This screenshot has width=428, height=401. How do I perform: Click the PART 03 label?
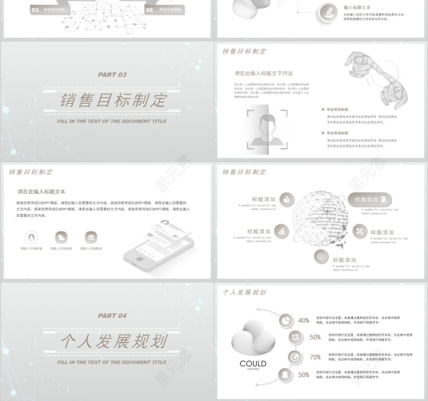pyautogui.click(x=112, y=75)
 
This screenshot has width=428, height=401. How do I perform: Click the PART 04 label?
pyautogui.click(x=112, y=316)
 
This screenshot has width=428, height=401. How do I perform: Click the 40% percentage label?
pyautogui.click(x=304, y=321)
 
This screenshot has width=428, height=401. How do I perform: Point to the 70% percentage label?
pyautogui.click(x=315, y=357)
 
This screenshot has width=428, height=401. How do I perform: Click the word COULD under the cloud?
pyautogui.click(x=253, y=363)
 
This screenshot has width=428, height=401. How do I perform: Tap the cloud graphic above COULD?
pyautogui.click(x=253, y=338)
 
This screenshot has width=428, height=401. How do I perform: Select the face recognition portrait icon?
pyautogui.click(x=267, y=129)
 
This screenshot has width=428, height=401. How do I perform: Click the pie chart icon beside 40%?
pyautogui.click(x=286, y=320)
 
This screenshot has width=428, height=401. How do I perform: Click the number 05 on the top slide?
pyautogui.click(x=149, y=10)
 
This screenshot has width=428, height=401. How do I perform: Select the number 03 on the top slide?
pyautogui.click(x=35, y=10)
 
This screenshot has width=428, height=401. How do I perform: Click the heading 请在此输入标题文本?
pyautogui.click(x=41, y=192)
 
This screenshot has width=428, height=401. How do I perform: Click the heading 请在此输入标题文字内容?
pyautogui.click(x=263, y=73)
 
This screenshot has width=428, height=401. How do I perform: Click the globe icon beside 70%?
pyautogui.click(x=295, y=357)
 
